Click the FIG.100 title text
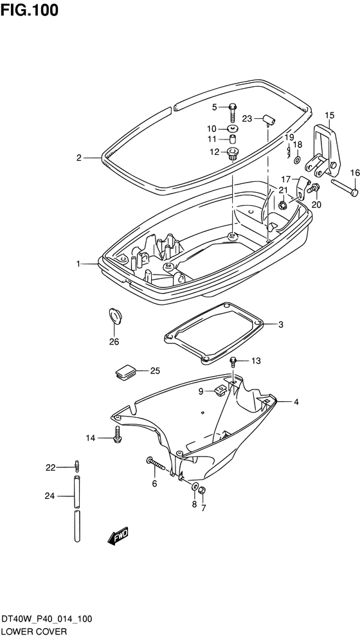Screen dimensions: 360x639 click(30, 10)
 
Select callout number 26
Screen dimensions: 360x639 click(114, 341)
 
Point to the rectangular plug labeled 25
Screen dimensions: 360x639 click(125, 372)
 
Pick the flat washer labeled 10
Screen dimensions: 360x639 click(233, 129)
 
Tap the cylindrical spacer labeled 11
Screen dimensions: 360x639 click(233, 139)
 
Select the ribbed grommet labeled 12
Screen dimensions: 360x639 click(232, 154)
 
